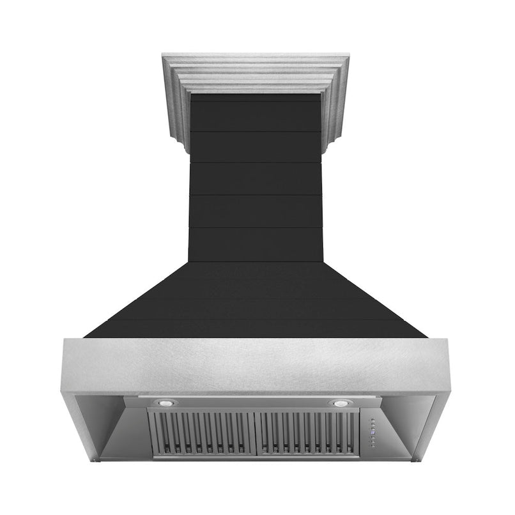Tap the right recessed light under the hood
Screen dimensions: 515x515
338,404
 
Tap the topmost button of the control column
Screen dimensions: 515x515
372,420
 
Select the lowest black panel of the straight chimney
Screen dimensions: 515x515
256,244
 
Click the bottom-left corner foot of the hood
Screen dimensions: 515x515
97,459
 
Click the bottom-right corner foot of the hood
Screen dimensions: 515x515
416,459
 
